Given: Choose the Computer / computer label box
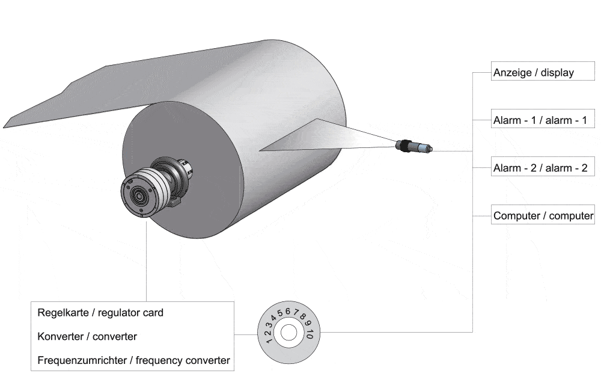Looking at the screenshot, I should coord(543,215).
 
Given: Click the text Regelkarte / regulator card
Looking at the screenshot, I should coord(100,313).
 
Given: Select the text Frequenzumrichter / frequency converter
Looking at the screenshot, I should coord(133,361).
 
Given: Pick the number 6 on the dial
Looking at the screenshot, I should coord(288,311).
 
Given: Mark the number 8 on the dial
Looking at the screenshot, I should coord(302,316).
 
